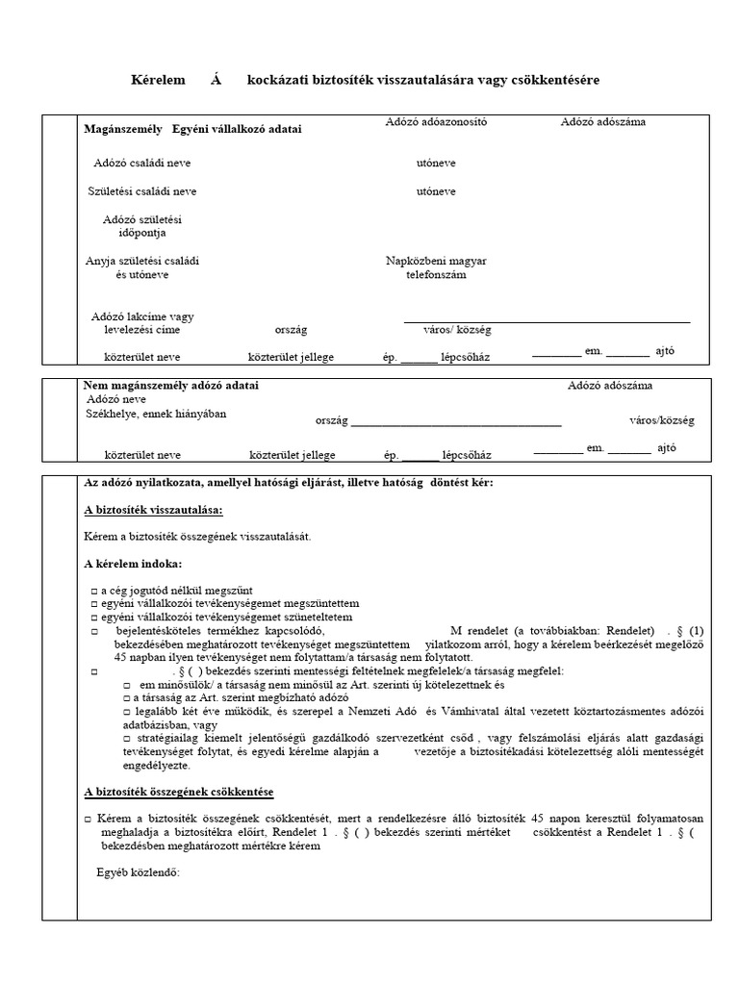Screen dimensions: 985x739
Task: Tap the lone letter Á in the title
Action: tap(216, 80)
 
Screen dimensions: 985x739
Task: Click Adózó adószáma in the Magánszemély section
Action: tap(604, 122)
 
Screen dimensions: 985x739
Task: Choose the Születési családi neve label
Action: tap(141, 191)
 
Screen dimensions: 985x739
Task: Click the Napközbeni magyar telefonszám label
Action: tap(436, 267)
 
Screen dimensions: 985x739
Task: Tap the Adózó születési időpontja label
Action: tap(141, 226)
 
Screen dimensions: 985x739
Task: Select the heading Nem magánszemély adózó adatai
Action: tap(171, 386)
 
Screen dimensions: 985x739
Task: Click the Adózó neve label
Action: tap(116, 399)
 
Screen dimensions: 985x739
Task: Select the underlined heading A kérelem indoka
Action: tap(132, 563)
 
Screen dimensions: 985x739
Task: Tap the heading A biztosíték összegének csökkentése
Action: tap(179, 792)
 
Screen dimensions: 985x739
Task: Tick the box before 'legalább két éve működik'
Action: tap(126, 710)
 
